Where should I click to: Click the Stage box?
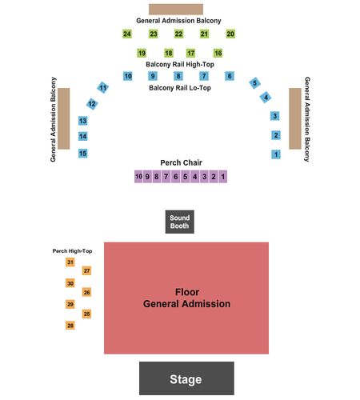[x=186, y=378]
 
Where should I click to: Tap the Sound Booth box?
[x=179, y=222]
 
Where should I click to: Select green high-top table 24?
[x=127, y=34]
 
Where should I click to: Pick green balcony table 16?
[x=218, y=53]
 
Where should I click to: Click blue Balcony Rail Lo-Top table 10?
[x=128, y=76]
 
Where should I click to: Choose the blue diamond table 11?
[x=102, y=87]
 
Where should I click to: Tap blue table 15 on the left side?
[x=82, y=154]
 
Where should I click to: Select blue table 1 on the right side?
[x=276, y=154]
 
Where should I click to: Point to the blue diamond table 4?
[x=266, y=98]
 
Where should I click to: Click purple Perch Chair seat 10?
[x=138, y=177]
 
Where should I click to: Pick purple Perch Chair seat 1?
[x=222, y=177]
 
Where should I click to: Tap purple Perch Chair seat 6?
[x=176, y=177]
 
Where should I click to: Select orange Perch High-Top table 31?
[x=70, y=262]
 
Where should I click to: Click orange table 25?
[x=86, y=314]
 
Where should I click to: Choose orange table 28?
[x=70, y=326]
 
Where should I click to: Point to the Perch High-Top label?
[x=72, y=251]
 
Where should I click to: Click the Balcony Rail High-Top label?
[x=180, y=65]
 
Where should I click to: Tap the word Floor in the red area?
[x=187, y=292]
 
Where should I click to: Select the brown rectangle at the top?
[x=176, y=10]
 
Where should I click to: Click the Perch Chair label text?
[x=181, y=162]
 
